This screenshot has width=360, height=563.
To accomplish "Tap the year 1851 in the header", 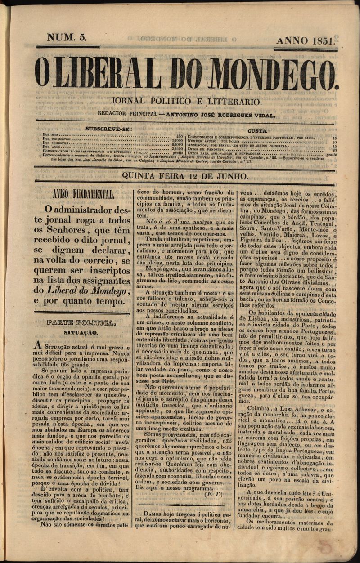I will point(322,41).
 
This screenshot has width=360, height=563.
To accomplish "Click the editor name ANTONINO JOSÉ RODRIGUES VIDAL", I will point(220,115).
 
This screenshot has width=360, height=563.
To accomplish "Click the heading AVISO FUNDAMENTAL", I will point(83,195).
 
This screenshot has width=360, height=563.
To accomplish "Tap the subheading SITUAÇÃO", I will point(81,333).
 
